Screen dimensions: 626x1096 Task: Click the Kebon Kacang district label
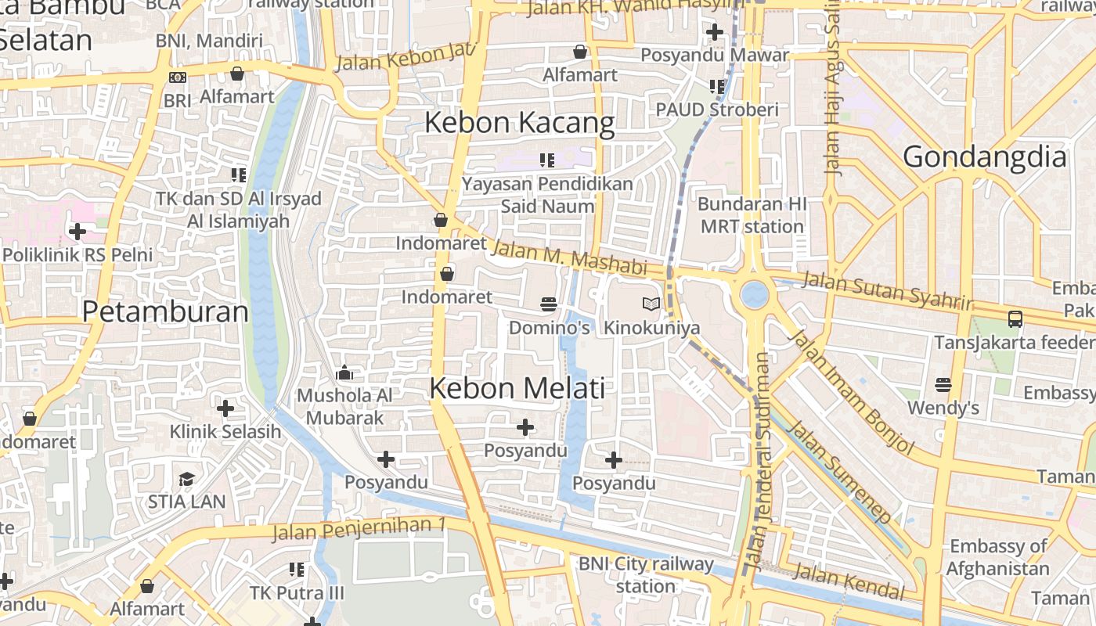coord(520,123)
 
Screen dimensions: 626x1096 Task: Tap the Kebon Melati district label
coord(517,388)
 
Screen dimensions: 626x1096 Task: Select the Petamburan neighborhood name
coord(165,311)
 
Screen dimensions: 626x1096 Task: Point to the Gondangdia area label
coord(985,157)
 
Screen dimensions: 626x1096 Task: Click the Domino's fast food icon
coord(548,304)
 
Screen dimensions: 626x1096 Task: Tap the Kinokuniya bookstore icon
coord(651,304)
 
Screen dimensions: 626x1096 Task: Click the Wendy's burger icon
coord(943,384)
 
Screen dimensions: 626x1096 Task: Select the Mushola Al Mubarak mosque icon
coord(344,373)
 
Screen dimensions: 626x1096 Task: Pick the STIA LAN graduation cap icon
coord(186,479)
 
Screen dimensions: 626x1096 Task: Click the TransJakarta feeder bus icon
coord(1015,318)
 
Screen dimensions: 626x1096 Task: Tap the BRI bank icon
coord(178,77)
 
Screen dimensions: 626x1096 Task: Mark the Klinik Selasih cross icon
coord(225,408)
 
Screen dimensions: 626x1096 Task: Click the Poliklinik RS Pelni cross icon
coord(77,232)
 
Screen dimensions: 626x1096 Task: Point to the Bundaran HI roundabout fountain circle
coord(755,294)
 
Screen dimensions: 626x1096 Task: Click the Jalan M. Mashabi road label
coord(569,257)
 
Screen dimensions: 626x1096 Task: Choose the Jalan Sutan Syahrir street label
coord(886,289)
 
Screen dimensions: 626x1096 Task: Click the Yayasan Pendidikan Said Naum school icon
coord(546,160)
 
